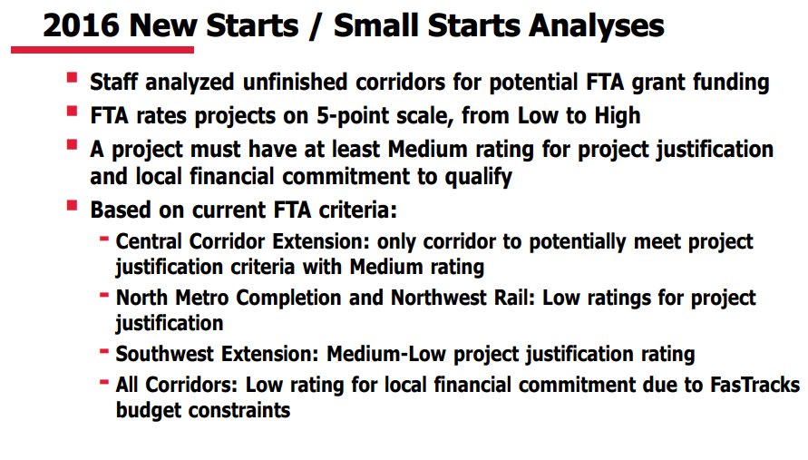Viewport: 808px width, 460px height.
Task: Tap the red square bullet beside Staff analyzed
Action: click(x=72, y=80)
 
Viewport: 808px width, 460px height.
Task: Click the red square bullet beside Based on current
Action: click(x=72, y=206)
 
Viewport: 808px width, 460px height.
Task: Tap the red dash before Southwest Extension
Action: click(x=105, y=350)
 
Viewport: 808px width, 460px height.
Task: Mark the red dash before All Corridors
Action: click(x=105, y=381)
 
